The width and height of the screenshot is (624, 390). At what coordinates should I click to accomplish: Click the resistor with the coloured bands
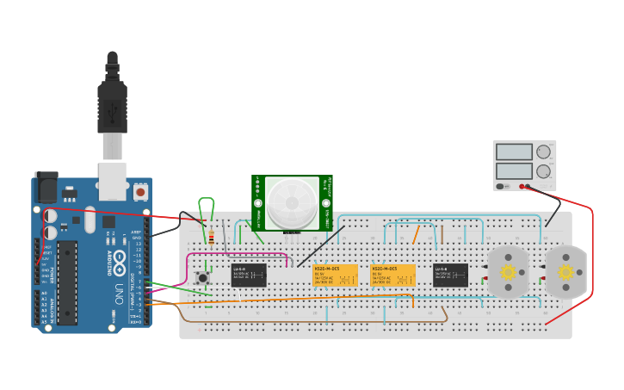(212, 238)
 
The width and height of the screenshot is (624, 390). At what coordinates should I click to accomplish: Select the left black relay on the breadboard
(248, 275)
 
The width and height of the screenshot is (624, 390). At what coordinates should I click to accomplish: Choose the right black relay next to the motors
(450, 275)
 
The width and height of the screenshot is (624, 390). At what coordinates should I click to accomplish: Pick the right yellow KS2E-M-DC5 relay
(392, 275)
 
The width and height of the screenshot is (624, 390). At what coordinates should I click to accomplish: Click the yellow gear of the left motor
(508, 272)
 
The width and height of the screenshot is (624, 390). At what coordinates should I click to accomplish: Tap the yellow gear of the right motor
(565, 272)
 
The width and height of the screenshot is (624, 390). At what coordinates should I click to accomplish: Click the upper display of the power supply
(514, 152)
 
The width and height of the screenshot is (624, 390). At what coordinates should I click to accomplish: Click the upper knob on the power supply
(543, 152)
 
